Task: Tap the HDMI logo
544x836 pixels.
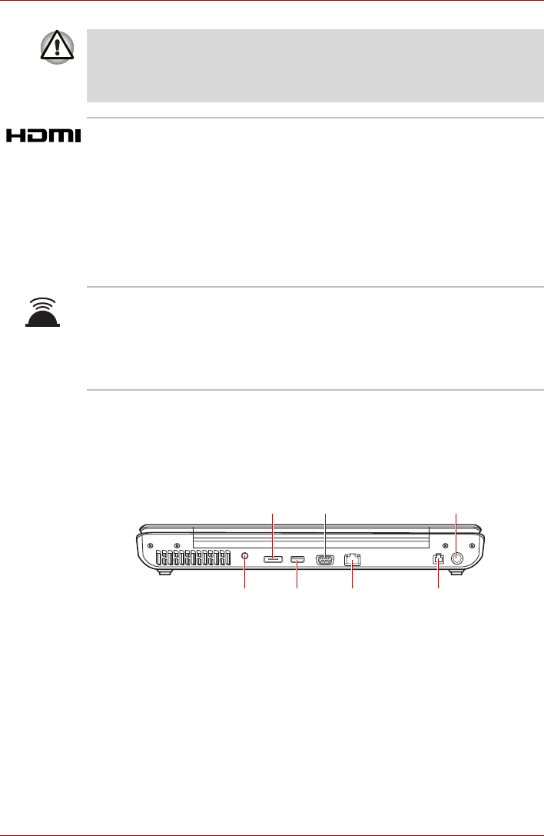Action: [x=44, y=135]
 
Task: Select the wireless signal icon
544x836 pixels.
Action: [x=42, y=312]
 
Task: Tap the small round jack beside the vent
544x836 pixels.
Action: [x=245, y=556]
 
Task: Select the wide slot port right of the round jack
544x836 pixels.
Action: [x=272, y=559]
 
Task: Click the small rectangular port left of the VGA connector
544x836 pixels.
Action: [x=297, y=559]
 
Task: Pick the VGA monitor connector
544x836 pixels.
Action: [x=325, y=560]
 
